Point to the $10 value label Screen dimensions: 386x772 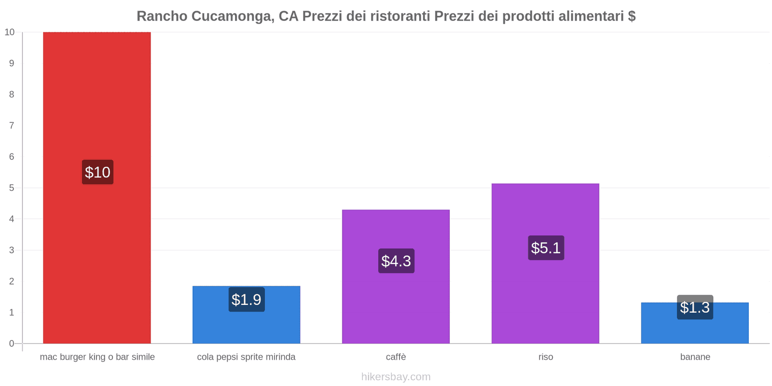97,172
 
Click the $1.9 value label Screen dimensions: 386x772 247,300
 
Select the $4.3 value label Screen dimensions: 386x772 396,261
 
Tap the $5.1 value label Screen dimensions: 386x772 546,248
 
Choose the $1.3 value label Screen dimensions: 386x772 695,307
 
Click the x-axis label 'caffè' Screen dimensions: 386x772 396,357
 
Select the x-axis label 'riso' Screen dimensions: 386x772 546,357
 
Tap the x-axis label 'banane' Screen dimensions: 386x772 695,357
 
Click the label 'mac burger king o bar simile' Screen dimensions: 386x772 97,357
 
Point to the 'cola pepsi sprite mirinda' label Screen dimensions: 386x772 246,357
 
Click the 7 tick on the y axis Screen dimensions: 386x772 12,125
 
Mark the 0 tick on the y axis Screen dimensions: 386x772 12,344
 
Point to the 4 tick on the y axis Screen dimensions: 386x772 12,219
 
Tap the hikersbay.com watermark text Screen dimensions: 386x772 396,377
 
